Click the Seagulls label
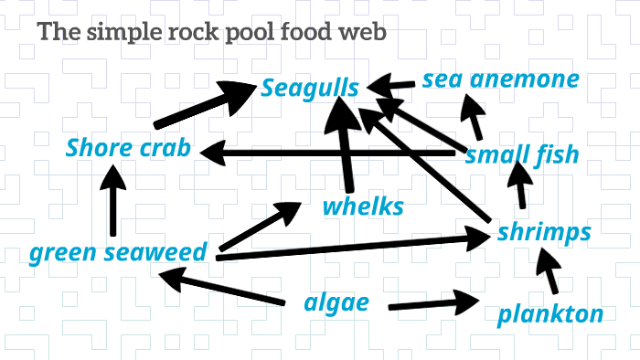click(309, 89)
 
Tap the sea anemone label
click(500, 79)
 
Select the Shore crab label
click(128, 148)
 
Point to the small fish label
click(522, 154)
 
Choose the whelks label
click(363, 206)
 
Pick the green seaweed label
click(118, 252)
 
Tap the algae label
click(336, 302)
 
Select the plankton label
click(550, 314)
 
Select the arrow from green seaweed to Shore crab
click(113, 205)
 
